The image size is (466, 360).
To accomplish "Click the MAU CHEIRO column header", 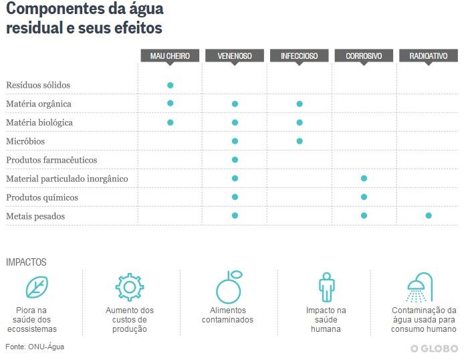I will point(170,56).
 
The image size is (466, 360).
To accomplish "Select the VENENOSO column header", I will point(235,56).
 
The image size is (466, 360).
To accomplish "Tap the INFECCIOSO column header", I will point(299,56).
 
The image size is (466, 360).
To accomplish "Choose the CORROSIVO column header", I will point(364,56).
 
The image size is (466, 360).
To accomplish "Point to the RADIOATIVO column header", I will point(429,56).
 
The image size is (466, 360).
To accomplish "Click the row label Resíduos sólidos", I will point(38,86).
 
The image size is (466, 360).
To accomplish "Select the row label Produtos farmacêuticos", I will point(51,161).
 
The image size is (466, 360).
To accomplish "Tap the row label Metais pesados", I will point(35,217).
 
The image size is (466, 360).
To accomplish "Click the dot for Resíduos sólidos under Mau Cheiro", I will point(170,85).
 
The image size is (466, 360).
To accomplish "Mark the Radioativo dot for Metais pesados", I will point(429,215).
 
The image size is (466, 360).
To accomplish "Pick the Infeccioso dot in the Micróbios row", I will point(300,141).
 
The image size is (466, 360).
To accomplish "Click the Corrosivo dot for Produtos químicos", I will point(364,197).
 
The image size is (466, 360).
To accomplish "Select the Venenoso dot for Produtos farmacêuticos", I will point(235,160).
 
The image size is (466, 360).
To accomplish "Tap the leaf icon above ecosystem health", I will point(37,287).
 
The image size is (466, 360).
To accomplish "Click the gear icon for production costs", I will point(129,287).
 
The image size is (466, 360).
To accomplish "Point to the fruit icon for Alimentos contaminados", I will point(228,287).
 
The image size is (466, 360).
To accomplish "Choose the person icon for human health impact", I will point(326,287).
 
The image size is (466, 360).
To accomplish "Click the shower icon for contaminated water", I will point(421,287).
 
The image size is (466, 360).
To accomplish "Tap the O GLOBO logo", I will point(434,349).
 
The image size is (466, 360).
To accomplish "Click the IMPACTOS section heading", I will point(26,262).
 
